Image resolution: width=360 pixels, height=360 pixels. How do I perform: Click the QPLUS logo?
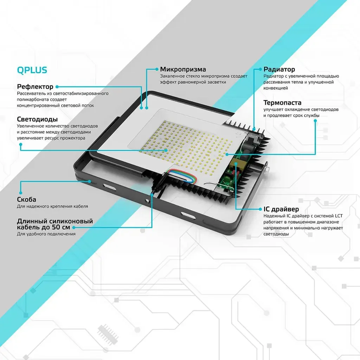pyautogui.click(x=32, y=70)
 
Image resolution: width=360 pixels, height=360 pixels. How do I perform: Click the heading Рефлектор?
pyautogui.click(x=35, y=86)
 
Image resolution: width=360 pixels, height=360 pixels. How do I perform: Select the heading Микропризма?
pyautogui.click(x=183, y=69)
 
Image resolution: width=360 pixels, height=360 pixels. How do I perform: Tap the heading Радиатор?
pyautogui.click(x=279, y=69)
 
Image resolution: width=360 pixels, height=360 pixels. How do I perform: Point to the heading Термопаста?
pyautogui.click(x=282, y=102)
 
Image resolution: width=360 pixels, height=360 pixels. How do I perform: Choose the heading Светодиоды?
pyautogui.click(x=37, y=119)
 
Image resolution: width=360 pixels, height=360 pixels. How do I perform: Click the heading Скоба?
pyautogui.click(x=26, y=199)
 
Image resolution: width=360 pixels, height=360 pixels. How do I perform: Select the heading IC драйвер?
pyautogui.click(x=281, y=209)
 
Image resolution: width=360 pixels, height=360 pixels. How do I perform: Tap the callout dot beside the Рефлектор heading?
pyautogui.click(x=57, y=86)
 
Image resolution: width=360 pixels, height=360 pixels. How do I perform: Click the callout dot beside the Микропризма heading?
pyautogui.click(x=157, y=69)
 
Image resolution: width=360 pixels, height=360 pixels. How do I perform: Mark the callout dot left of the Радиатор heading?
pyautogui.click(x=260, y=69)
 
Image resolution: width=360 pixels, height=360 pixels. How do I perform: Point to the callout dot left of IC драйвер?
pyautogui.click(x=260, y=209)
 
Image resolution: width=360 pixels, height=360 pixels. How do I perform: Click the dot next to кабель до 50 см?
pyautogui.click(x=74, y=227)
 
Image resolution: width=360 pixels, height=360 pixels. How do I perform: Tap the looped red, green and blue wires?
pyautogui.click(x=182, y=176)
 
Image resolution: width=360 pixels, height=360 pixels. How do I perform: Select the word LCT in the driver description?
pyautogui.click(x=339, y=216)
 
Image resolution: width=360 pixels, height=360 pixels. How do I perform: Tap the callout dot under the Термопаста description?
pyautogui.click(x=315, y=121)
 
